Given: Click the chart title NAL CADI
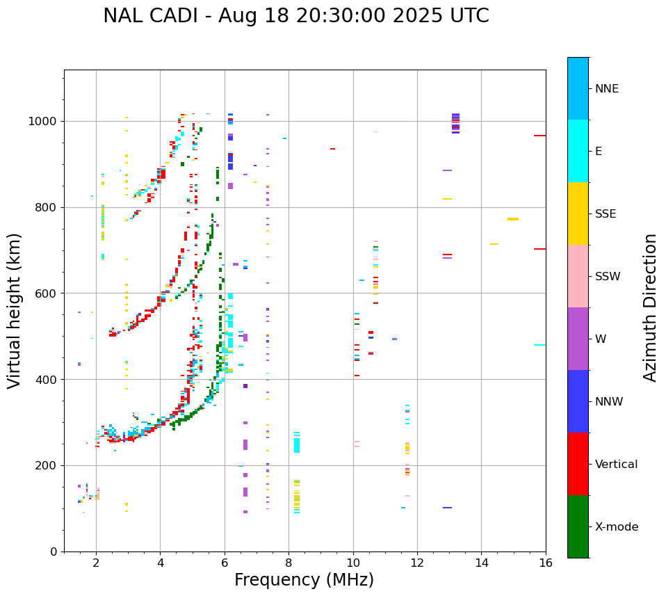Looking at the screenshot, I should click(x=295, y=16).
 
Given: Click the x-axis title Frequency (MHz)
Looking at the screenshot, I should click(x=304, y=580).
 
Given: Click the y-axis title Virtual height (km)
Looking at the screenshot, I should click(x=15, y=311).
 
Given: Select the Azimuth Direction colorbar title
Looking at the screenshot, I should click(x=650, y=307).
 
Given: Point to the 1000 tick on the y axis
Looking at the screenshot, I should click(x=46, y=122).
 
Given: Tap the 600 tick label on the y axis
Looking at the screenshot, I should click(x=46, y=293).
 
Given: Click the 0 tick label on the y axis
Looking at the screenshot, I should click(x=54, y=551).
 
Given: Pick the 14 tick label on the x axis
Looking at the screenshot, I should click(x=481, y=563).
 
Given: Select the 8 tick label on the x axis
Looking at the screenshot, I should click(x=289, y=563).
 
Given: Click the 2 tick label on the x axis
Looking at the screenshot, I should click(x=96, y=563).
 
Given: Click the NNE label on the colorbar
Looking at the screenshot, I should click(x=606, y=89).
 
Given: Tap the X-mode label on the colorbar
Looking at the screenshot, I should click(x=617, y=527).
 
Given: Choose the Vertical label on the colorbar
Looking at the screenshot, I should click(x=616, y=465).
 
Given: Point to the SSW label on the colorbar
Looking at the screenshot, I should click(x=608, y=277).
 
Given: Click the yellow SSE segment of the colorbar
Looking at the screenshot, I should click(x=578, y=214).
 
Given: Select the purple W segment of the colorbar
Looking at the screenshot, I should click(x=578, y=339).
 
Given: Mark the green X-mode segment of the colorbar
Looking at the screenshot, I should click(x=578, y=526).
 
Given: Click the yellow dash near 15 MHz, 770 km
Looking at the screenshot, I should click(x=513, y=219).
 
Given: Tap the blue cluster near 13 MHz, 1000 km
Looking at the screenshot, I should click(x=455, y=122).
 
